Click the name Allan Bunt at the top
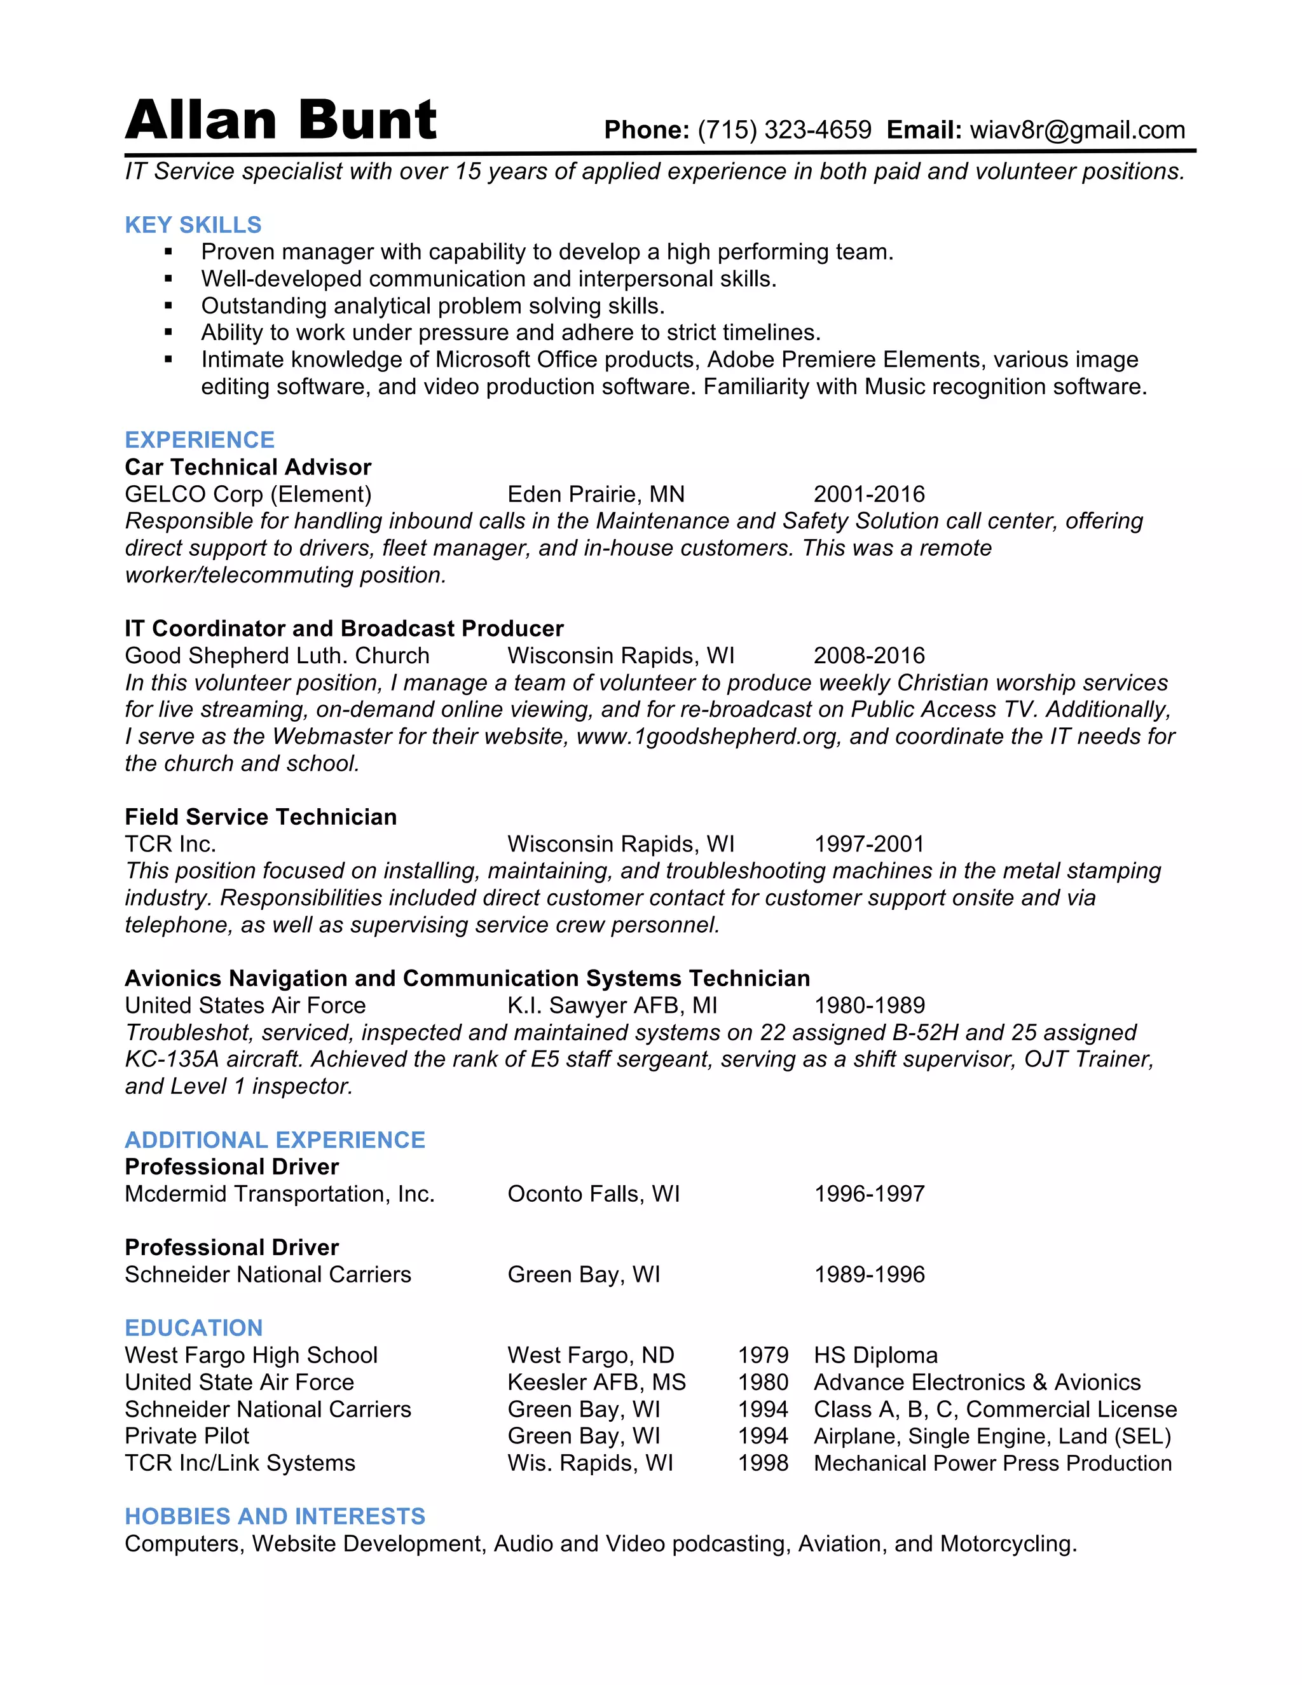(281, 121)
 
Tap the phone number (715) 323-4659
(784, 130)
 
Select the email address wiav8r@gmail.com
(1077, 130)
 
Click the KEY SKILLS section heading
(193, 224)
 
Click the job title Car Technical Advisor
(247, 467)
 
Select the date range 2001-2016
(868, 494)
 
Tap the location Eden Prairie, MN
(596, 494)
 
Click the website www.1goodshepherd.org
(706, 736)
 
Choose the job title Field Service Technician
(261, 816)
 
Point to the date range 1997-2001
(868, 843)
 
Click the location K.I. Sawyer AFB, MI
(612, 1005)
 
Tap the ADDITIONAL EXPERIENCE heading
(275, 1139)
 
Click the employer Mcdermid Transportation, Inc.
(279, 1193)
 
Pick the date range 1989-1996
(868, 1274)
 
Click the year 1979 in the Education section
(762, 1355)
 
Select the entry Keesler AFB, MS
(596, 1382)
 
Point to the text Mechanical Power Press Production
(992, 1463)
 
